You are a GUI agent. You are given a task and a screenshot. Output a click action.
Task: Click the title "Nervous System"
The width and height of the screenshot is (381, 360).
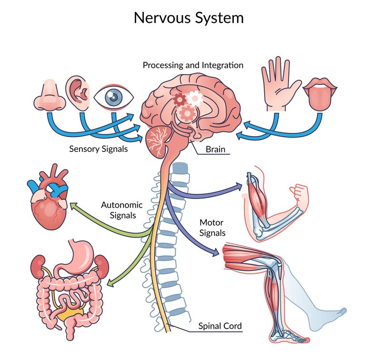[x=189, y=18]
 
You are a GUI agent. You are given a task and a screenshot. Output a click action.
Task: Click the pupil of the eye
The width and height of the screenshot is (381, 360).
[x=113, y=97]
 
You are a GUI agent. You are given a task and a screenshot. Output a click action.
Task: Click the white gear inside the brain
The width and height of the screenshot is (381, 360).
[x=194, y=99]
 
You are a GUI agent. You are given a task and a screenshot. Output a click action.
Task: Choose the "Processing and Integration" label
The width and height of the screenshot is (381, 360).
[x=193, y=65]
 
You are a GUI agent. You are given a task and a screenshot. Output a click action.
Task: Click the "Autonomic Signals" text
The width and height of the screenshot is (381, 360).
[x=121, y=210]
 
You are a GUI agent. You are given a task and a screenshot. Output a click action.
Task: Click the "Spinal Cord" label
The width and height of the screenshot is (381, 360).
[x=220, y=326]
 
